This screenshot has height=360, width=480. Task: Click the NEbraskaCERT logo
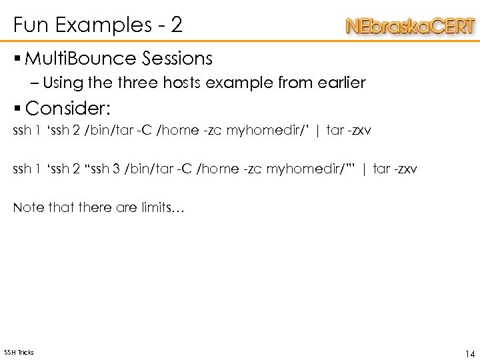pos(410,27)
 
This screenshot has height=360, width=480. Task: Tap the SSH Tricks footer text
pos(19,352)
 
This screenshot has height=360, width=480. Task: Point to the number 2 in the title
pos(176,25)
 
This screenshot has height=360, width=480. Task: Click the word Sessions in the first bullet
pos(177,59)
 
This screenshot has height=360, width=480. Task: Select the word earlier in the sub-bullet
pos(343,83)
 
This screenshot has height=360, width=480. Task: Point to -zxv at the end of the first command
pos(357,130)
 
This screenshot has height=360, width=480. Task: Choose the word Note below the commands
pos(27,208)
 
